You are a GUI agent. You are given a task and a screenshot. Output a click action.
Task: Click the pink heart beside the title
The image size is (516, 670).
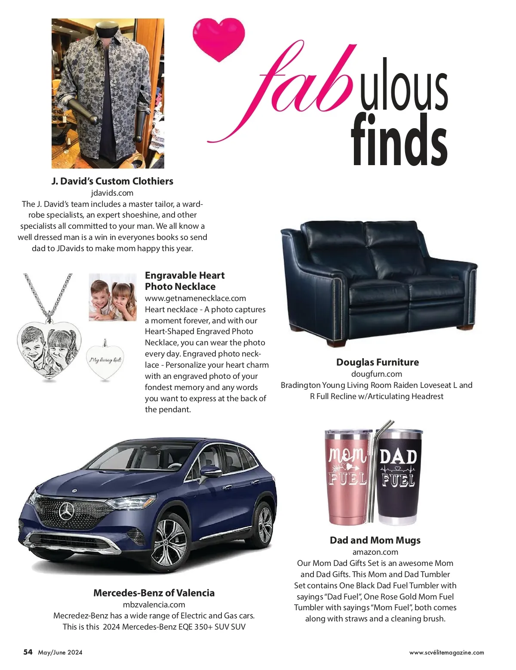pyautogui.click(x=218, y=39)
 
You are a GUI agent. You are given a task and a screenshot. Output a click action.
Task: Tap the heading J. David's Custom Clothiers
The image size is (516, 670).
pyautogui.click(x=112, y=181)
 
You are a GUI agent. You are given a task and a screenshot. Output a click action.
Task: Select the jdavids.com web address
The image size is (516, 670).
pyautogui.click(x=112, y=193)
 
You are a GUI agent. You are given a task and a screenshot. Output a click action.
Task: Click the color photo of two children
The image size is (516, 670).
pyautogui.click(x=113, y=297)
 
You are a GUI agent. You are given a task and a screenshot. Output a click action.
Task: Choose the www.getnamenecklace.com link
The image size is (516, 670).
pyautogui.click(x=195, y=298)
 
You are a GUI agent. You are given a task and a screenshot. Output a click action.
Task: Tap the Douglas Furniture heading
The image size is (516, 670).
pyautogui.click(x=377, y=362)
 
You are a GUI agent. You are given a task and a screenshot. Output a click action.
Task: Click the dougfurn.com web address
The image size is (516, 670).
pyautogui.click(x=377, y=374)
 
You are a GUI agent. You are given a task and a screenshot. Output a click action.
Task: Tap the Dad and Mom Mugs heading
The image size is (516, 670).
pyautogui.click(x=375, y=540)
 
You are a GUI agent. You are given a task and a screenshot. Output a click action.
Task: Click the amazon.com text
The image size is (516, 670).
pyautogui.click(x=375, y=552)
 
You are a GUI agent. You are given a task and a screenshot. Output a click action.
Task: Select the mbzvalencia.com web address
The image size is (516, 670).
pyautogui.click(x=154, y=604)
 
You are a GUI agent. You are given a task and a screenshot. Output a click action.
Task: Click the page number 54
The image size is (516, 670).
pyautogui.click(x=28, y=652)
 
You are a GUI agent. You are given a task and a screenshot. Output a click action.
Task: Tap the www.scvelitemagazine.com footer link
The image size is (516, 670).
pyautogui.click(x=446, y=652)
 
